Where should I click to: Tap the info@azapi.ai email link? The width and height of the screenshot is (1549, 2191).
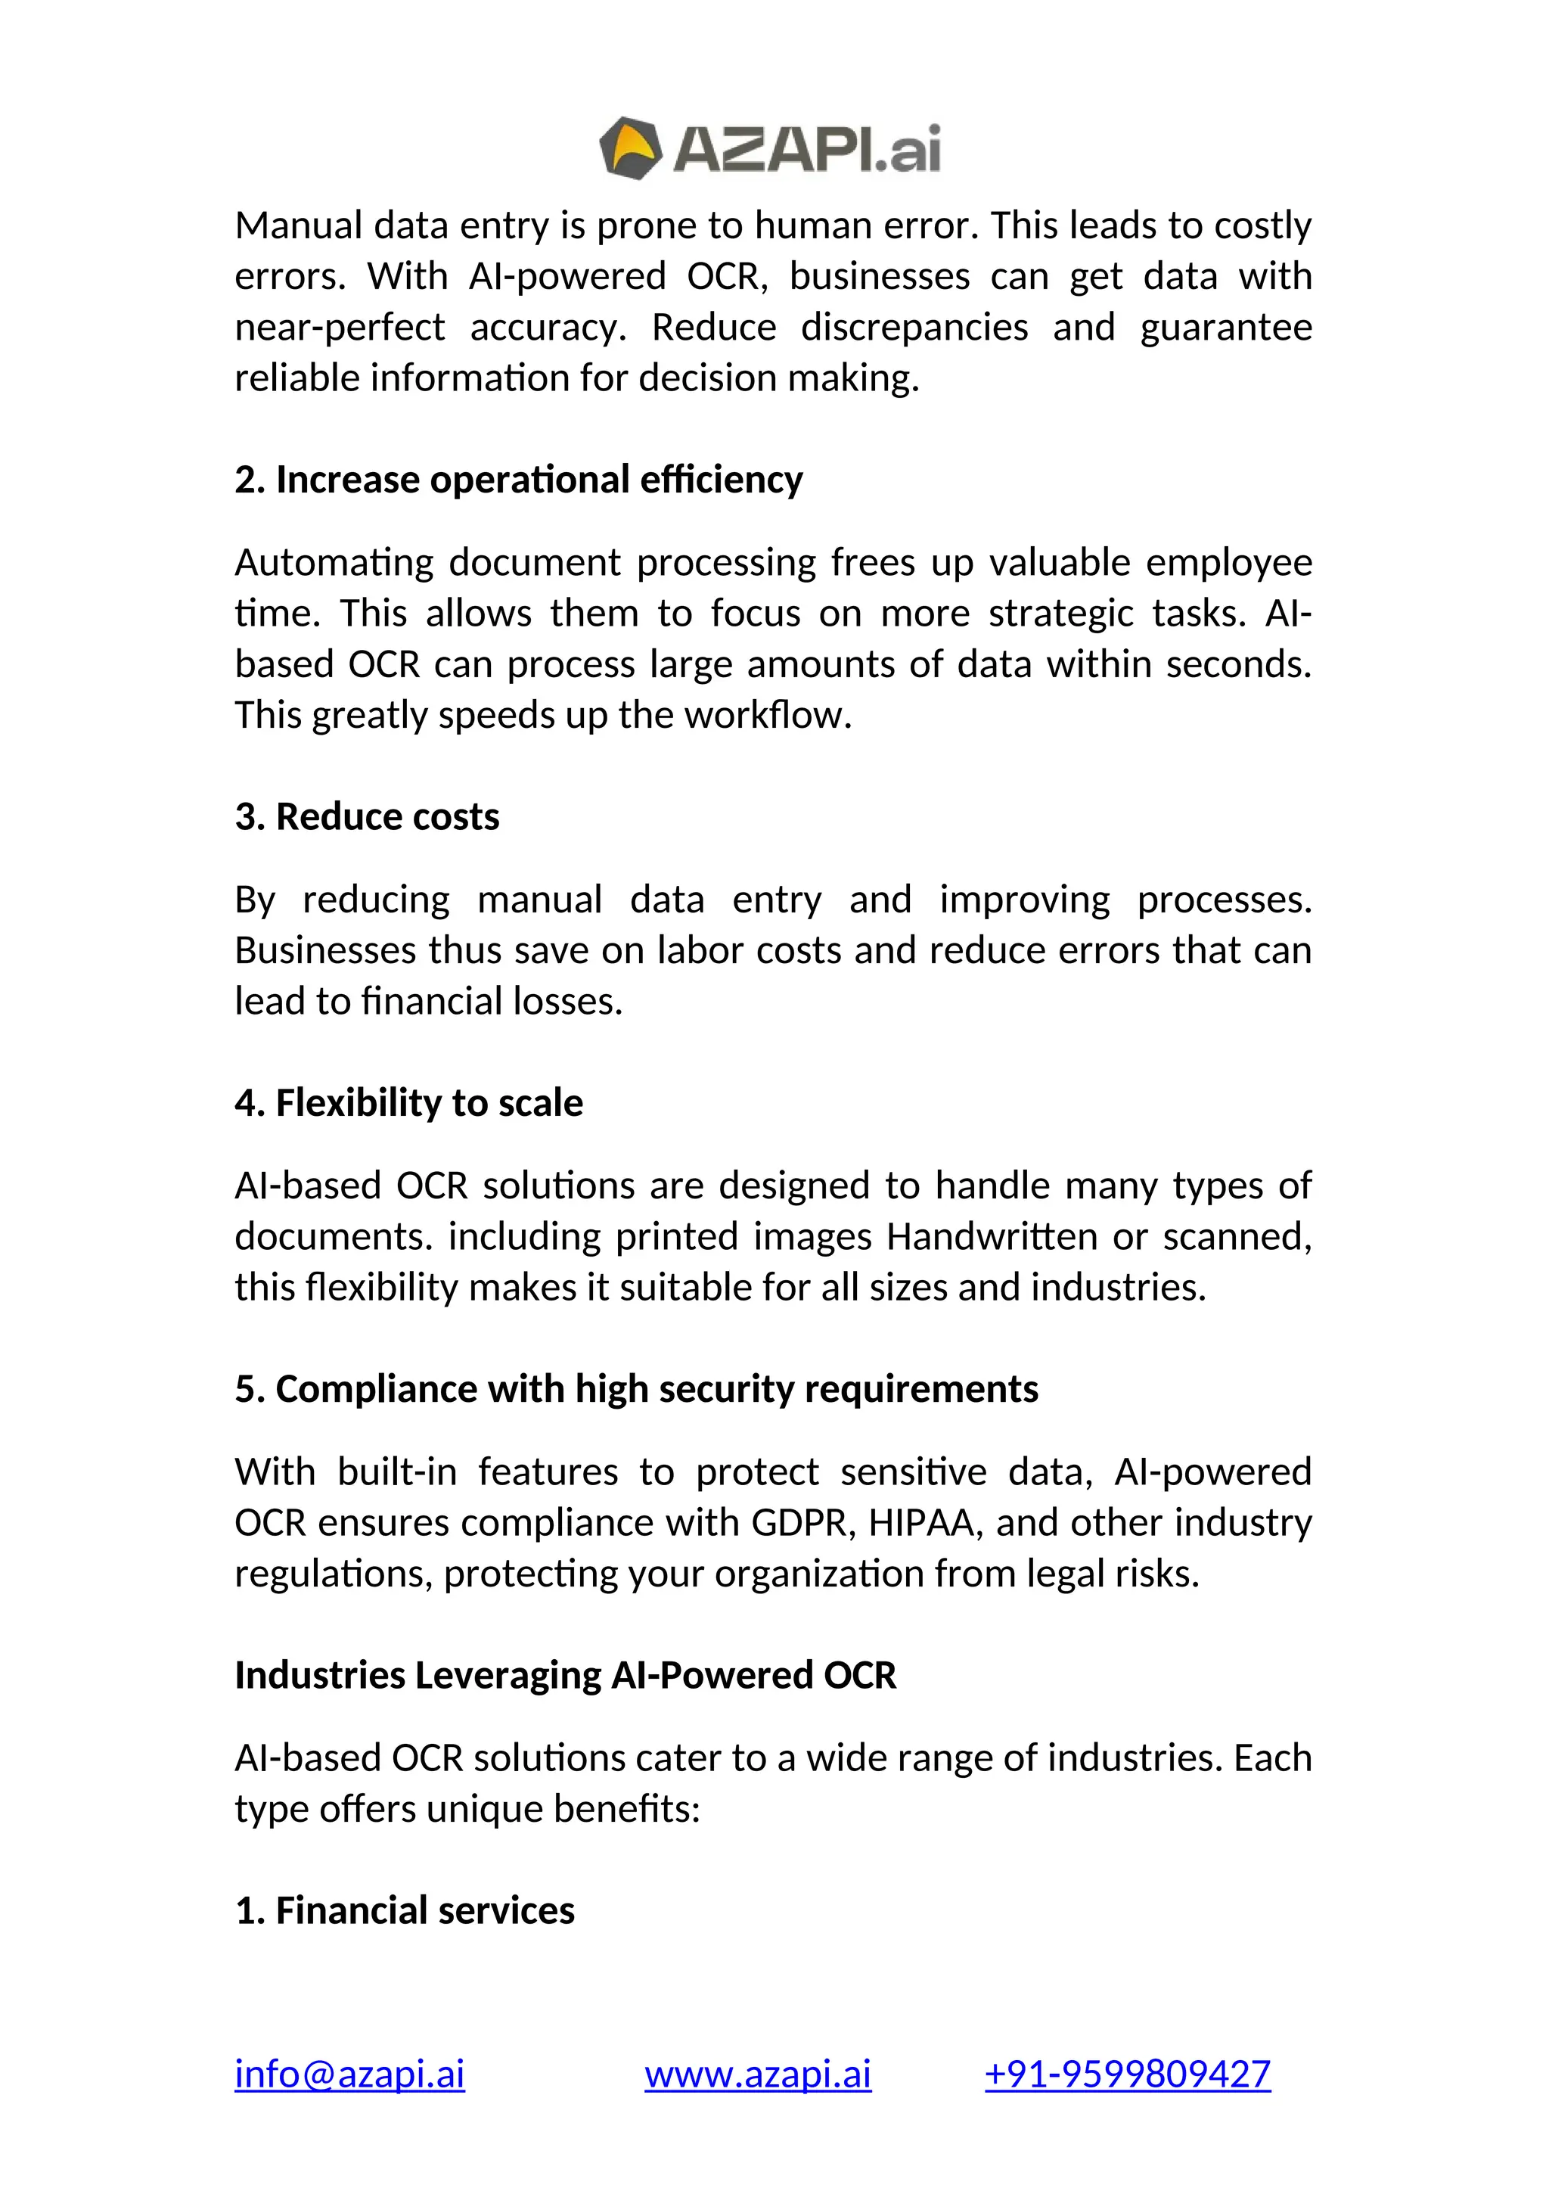349,2074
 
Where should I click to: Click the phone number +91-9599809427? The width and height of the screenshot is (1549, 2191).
1128,2074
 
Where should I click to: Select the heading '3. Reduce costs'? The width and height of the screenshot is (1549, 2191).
368,817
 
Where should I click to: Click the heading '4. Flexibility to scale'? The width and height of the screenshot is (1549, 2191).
408,1103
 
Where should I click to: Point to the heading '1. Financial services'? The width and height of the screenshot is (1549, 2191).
405,1910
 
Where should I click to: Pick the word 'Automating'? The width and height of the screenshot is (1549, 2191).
334,563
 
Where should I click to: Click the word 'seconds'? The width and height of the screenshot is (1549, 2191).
1238,664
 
